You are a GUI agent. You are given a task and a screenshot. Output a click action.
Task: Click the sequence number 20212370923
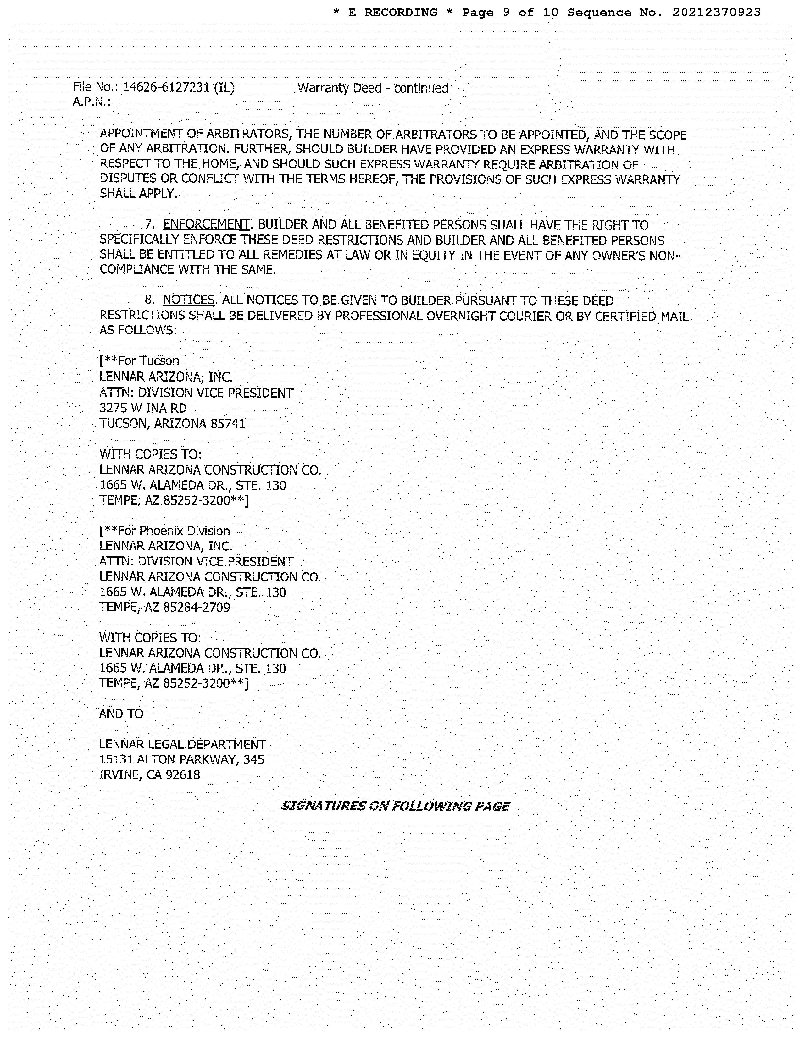click(x=716, y=12)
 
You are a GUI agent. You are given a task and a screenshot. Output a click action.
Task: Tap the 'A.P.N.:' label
click(x=92, y=102)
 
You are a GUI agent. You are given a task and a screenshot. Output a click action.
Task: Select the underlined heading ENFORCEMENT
click(x=206, y=224)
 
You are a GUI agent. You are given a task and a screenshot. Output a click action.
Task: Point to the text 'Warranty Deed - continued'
click(x=372, y=88)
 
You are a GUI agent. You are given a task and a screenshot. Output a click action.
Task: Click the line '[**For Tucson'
click(x=139, y=361)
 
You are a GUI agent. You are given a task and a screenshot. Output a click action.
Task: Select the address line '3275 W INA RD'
click(x=143, y=408)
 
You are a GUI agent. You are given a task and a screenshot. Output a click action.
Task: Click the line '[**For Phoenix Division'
click(x=164, y=531)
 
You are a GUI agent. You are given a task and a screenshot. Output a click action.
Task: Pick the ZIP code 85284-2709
click(x=197, y=607)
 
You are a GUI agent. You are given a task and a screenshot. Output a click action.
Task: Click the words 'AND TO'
click(x=121, y=713)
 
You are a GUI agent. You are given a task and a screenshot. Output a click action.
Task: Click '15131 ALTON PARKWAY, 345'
click(x=181, y=759)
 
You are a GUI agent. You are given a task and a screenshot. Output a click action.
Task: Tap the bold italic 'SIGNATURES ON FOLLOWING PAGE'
click(x=395, y=806)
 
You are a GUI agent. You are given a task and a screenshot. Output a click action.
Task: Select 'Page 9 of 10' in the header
click(x=510, y=12)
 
